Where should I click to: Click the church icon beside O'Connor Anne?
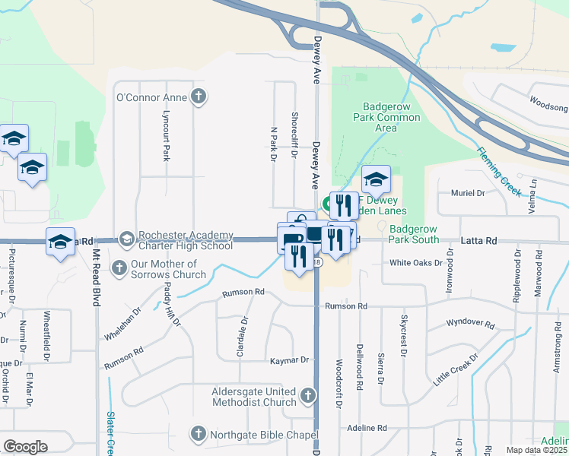199,97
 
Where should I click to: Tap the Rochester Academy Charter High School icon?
126,240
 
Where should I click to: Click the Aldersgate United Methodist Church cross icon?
307,395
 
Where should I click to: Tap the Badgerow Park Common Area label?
386,117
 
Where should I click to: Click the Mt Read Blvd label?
97,274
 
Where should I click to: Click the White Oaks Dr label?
416,263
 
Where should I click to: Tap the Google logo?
25,447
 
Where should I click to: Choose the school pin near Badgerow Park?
376,180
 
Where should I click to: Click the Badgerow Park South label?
414,234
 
